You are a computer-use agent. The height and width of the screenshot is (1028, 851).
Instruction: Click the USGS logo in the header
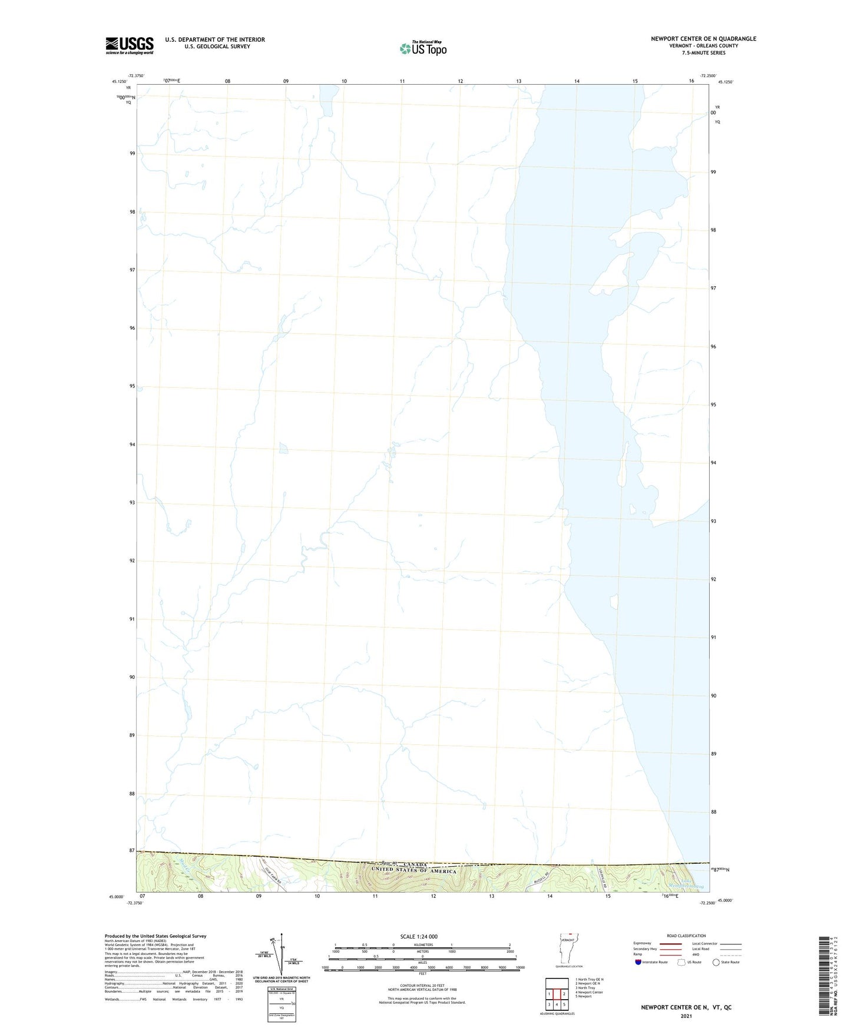129,45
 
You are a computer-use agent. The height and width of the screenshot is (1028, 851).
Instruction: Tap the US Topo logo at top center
423,48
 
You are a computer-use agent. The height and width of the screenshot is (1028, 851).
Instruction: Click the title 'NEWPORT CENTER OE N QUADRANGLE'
703,39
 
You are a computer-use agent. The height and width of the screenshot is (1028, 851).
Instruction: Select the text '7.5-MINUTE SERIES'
703,53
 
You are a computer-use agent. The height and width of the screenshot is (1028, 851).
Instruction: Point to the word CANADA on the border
416,864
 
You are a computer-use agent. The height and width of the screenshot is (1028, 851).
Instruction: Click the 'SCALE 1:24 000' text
418,937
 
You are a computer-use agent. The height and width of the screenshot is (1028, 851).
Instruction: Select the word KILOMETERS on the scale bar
422,944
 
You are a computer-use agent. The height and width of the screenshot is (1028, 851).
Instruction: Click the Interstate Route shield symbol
638,962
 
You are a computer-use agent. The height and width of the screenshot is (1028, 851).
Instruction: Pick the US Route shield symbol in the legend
681,962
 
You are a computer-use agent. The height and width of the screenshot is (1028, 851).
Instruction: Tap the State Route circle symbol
716,962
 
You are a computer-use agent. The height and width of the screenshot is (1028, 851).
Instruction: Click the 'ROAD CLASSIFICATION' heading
686,936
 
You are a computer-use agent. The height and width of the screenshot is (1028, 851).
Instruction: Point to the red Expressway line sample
670,943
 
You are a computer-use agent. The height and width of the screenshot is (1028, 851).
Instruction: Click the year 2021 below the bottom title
686,1016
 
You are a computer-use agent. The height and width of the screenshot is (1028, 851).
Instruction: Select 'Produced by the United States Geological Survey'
155,936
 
